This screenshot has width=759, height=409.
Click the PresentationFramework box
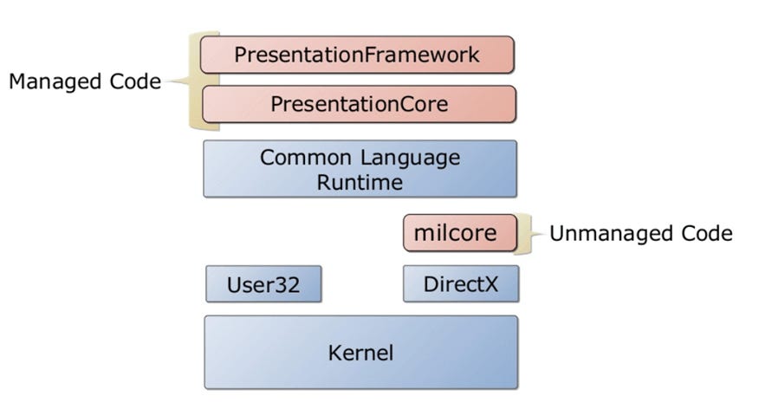[357, 55]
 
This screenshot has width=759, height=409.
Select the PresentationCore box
[359, 104]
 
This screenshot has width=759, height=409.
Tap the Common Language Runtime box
[360, 169]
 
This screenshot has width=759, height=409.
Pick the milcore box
[459, 233]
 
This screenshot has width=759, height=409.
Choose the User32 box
[263, 284]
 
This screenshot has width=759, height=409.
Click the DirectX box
[461, 284]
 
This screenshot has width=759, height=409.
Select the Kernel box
[360, 353]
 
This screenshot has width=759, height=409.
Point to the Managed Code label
[84, 81]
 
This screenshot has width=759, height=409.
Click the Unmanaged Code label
[640, 233]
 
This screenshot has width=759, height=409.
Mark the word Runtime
[360, 182]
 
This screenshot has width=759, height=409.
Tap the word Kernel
[360, 353]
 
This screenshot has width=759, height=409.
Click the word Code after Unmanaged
[703, 233]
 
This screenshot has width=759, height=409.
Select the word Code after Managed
[137, 81]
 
